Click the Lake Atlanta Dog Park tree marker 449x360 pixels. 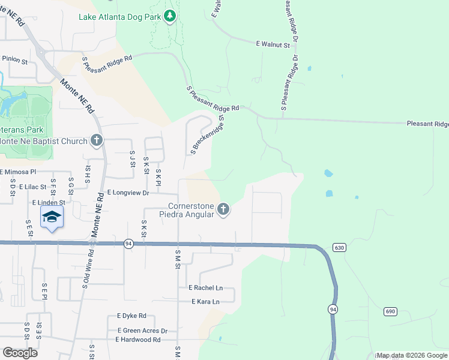(x=170, y=16)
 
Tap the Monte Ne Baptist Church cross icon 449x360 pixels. (x=96, y=141)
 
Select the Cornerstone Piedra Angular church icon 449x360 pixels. (x=223, y=209)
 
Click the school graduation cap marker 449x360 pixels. (x=52, y=218)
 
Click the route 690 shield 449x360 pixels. (x=390, y=311)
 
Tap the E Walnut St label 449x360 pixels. (x=273, y=44)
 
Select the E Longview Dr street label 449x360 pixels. (x=127, y=193)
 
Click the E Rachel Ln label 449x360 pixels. (x=205, y=288)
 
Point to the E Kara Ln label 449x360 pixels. (x=205, y=301)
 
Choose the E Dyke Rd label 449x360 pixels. (x=131, y=316)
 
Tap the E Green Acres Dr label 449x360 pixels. (x=142, y=331)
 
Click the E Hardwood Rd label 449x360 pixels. (x=138, y=340)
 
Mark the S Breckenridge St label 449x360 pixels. (x=208, y=135)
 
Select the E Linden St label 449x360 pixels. (x=48, y=203)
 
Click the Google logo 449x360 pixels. (x=20, y=353)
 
